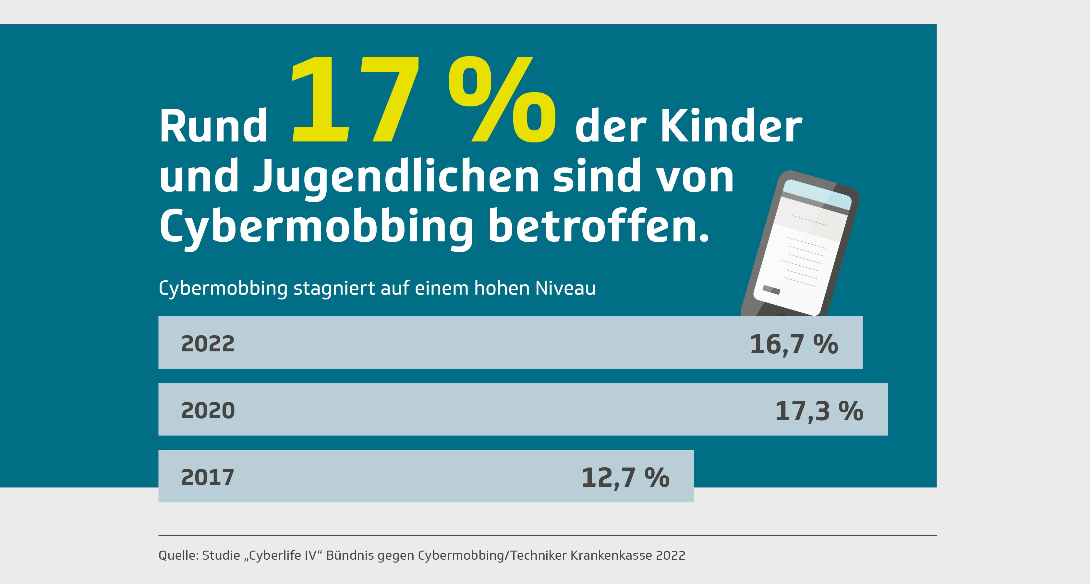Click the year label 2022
click(x=208, y=343)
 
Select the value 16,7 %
click(x=793, y=344)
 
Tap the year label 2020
click(x=208, y=410)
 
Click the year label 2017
click(x=207, y=477)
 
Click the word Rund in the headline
click(x=213, y=126)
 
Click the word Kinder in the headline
click(x=731, y=126)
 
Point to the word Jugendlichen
click(x=396, y=177)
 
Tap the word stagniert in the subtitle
click(x=334, y=288)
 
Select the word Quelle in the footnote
click(x=178, y=555)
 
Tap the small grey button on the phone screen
click(x=771, y=290)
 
